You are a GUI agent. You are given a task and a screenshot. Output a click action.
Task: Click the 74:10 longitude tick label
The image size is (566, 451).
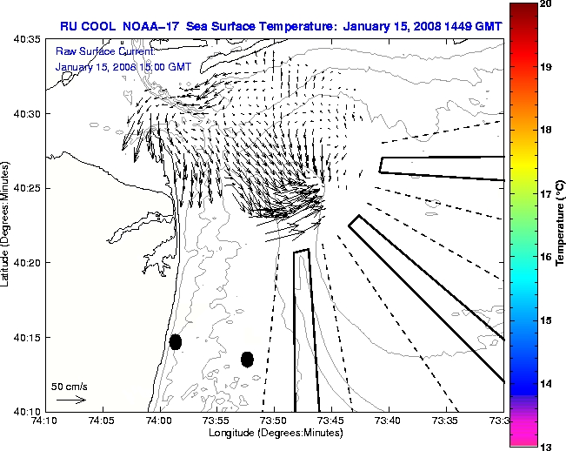tap(44, 421)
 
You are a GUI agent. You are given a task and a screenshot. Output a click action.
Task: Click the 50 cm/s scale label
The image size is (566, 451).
tap(70, 386)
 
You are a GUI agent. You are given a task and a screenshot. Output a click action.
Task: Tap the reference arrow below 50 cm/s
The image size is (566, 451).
tap(70, 400)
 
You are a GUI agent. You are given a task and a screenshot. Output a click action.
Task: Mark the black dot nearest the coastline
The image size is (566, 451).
tap(176, 341)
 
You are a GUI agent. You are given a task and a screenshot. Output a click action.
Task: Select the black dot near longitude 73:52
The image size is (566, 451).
tap(247, 359)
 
